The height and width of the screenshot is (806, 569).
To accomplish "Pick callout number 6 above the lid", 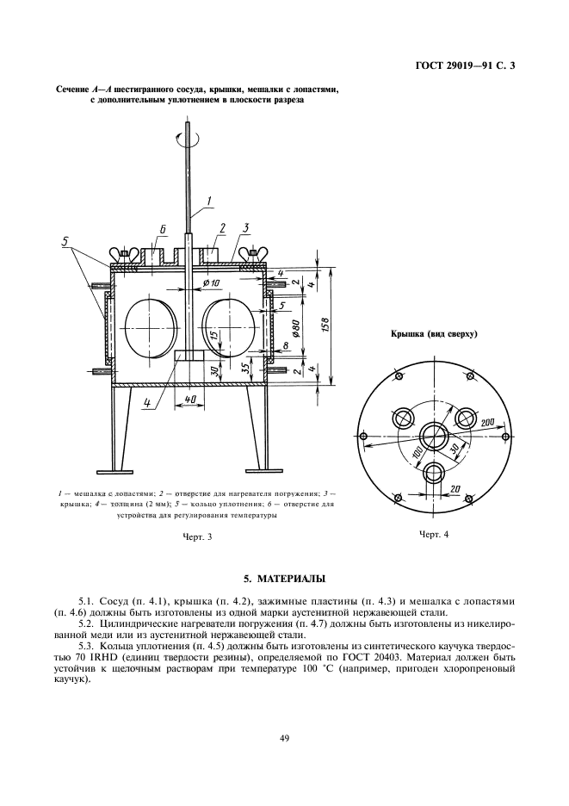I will (x=162, y=230).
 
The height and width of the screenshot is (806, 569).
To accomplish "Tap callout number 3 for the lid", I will (x=246, y=228).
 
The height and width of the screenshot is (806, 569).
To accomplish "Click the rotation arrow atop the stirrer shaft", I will (x=187, y=132).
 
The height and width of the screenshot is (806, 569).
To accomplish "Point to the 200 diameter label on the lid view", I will (x=487, y=423).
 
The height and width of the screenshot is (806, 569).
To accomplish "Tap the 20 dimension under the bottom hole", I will (x=455, y=488).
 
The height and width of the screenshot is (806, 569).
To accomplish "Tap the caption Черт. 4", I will (x=434, y=535).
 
